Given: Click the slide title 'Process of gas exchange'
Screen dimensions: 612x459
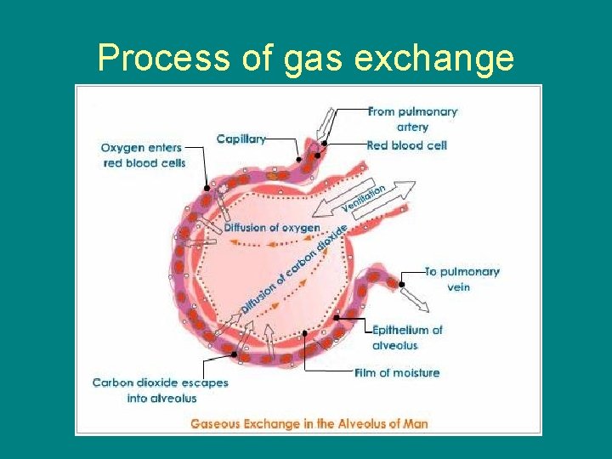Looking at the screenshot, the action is click(306, 58).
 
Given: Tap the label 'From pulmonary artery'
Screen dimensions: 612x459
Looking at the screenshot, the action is click(412, 119).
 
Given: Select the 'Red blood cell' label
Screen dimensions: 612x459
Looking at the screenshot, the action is click(406, 145).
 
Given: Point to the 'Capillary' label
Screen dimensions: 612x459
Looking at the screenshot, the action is click(241, 139).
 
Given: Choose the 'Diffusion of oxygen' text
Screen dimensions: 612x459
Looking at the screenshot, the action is click(272, 228).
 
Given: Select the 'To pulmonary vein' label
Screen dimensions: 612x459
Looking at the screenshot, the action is click(462, 279).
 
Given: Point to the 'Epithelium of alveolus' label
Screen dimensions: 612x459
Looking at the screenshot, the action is click(407, 337).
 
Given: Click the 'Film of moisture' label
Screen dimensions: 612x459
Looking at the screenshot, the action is click(397, 372).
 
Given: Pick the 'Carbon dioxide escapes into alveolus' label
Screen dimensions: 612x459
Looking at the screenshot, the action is click(160, 390).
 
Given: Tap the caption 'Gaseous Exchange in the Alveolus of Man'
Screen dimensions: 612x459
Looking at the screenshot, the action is click(309, 423).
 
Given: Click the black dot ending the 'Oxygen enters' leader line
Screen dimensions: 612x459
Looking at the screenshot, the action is click(207, 188).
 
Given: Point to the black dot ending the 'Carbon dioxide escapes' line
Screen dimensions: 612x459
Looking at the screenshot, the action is click(234, 354).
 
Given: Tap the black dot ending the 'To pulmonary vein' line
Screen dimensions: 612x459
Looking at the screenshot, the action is click(403, 272).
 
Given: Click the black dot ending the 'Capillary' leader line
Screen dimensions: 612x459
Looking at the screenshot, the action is click(298, 159).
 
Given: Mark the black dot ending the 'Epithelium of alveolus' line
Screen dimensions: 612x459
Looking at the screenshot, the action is click(337, 318).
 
